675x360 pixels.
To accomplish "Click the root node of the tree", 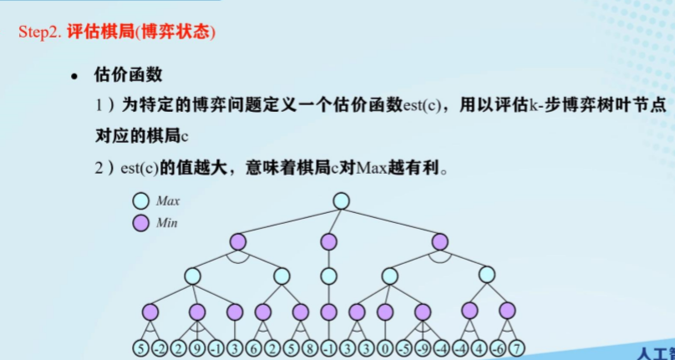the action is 340,200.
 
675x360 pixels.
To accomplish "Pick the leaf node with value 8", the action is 309,348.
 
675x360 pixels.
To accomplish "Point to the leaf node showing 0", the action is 385,348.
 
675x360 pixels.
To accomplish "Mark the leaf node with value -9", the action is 424,348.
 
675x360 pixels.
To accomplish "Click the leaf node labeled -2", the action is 160,348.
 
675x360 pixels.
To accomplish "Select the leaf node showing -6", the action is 499,348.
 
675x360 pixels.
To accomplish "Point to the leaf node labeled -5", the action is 404,348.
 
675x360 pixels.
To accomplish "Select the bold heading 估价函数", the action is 128,75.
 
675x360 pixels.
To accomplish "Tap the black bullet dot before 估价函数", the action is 74,76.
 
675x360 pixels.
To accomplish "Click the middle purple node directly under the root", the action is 329,242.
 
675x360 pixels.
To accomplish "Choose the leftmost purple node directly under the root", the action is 238,242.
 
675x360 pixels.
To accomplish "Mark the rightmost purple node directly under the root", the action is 440,242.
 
